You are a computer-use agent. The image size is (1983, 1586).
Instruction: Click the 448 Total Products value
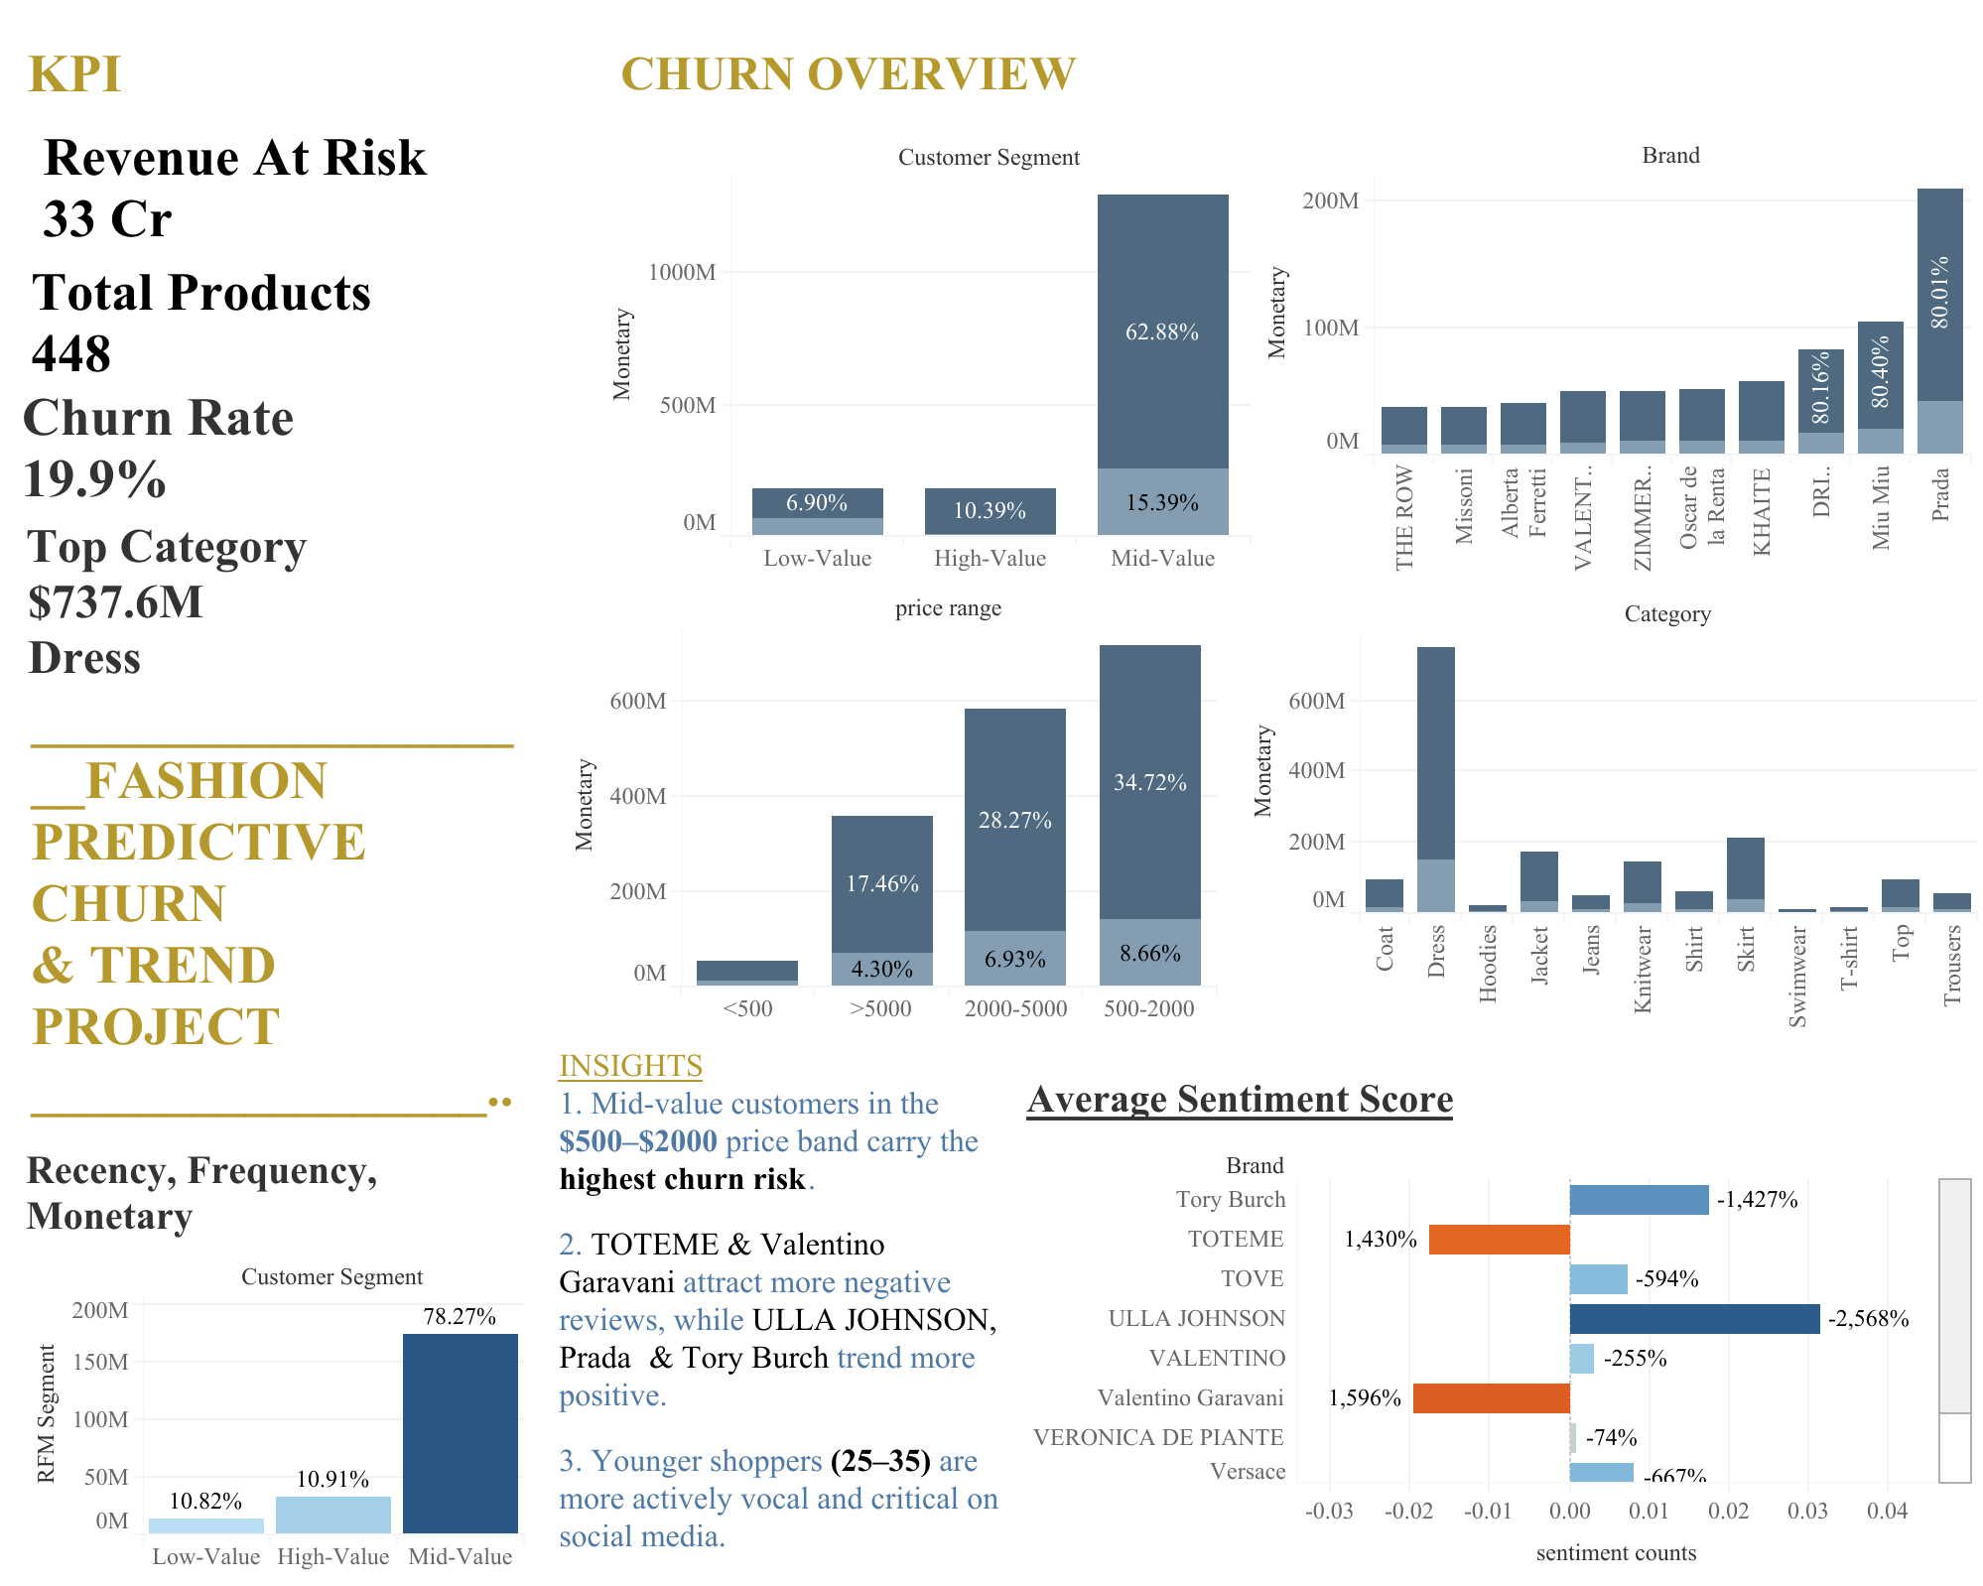(71, 353)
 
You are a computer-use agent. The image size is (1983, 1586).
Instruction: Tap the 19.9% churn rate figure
(94, 479)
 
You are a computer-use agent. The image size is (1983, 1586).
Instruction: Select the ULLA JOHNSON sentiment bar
(1694, 1318)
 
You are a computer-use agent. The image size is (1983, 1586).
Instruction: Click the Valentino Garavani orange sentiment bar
(1491, 1397)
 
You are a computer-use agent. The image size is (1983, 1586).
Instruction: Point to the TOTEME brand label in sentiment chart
(1236, 1239)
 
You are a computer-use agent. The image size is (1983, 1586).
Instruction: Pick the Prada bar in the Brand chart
(1939, 321)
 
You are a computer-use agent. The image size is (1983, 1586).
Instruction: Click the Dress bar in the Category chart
(1435, 779)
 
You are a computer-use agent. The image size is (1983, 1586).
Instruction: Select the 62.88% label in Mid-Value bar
(1161, 331)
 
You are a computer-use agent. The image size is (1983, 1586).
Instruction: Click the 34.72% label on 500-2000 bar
(1149, 782)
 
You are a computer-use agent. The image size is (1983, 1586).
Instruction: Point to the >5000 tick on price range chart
(880, 1008)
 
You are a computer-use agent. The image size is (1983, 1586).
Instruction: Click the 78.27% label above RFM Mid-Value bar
(460, 1316)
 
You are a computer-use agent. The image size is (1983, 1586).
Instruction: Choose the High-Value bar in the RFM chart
(333, 1515)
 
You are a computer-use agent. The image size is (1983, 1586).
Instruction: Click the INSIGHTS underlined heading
(630, 1065)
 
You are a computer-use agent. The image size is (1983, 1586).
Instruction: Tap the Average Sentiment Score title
(1240, 1099)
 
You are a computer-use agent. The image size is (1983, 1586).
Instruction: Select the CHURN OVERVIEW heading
(848, 74)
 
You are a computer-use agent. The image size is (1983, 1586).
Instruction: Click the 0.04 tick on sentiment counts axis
(1887, 1511)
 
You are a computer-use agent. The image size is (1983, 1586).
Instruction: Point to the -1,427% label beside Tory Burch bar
(1757, 1199)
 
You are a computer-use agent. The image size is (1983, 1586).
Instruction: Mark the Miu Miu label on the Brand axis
(1880, 507)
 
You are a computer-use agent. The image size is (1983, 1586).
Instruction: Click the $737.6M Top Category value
(115, 601)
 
